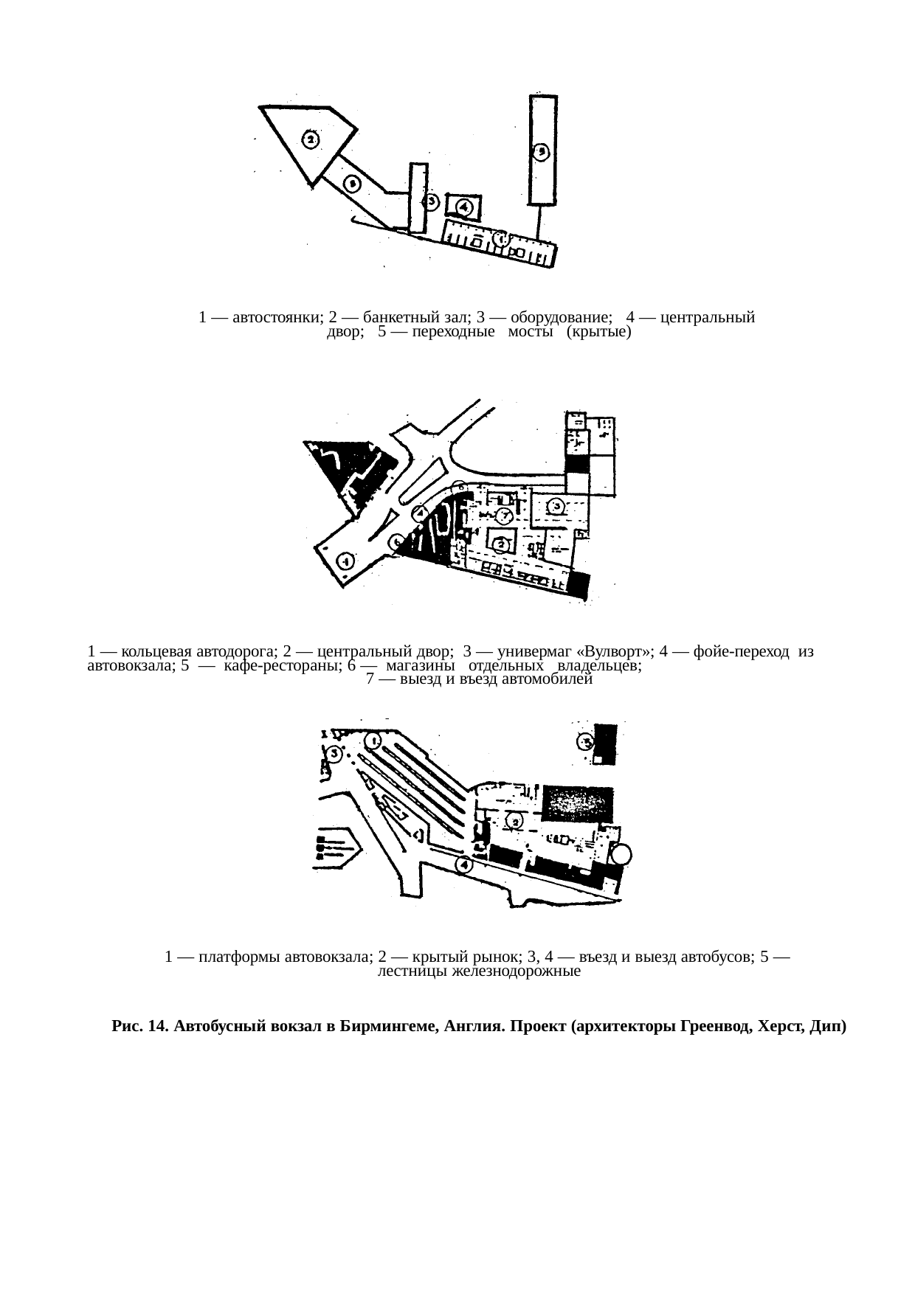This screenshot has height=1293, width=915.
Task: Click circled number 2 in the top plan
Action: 311,139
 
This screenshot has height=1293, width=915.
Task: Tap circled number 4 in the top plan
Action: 465,207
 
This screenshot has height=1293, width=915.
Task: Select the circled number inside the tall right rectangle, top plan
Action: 542,152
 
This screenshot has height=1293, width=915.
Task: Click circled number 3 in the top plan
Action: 432,201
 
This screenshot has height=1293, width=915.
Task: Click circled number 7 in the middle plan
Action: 504,515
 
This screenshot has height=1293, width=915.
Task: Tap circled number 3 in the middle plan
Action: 556,506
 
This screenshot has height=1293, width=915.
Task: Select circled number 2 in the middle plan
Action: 502,544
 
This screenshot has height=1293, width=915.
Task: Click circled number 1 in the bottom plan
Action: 376,740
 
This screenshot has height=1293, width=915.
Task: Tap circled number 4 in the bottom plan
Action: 463,864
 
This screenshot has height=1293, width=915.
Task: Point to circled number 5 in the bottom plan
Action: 586,741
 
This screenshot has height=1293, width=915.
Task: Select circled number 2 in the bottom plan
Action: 514,820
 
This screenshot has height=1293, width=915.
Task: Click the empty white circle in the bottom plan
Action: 621,854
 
